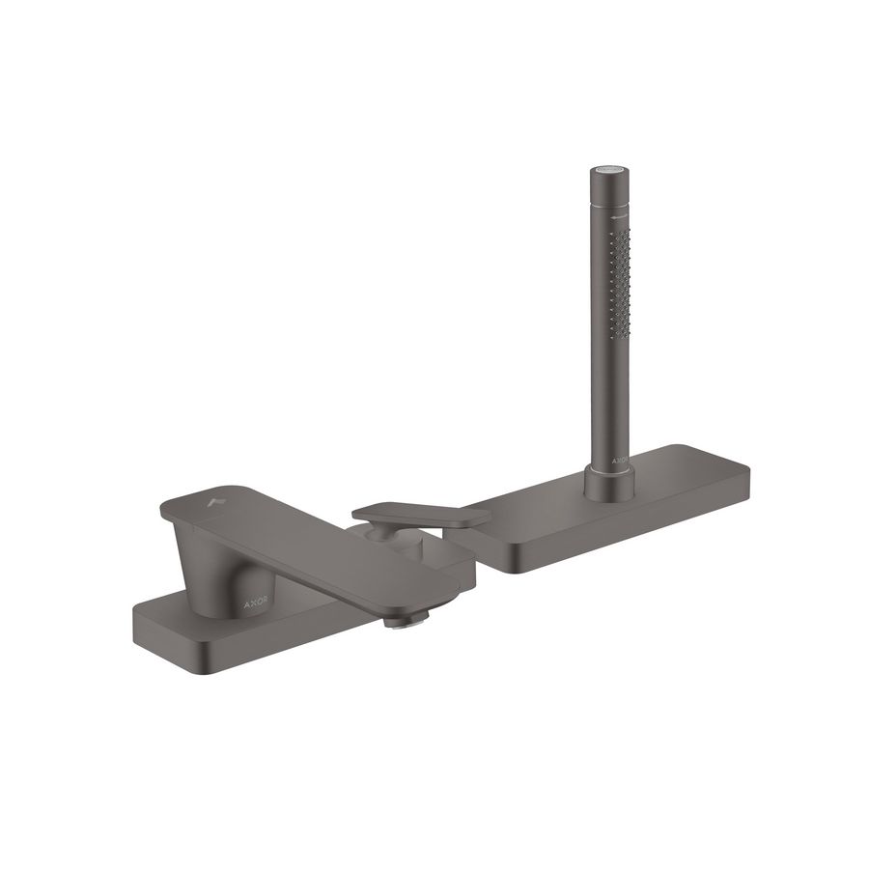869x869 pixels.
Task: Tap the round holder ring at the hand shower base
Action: tap(610, 479)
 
